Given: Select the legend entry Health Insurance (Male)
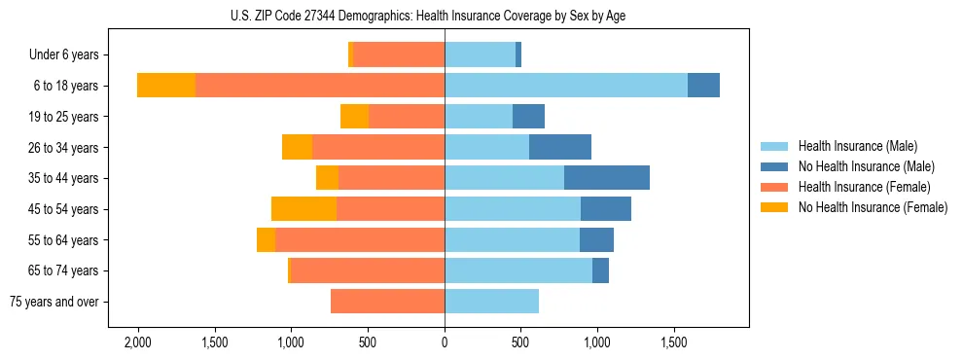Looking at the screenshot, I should coord(857,146).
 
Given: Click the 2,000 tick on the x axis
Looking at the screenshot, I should coord(137,342).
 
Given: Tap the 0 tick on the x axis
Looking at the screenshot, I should coord(445,342).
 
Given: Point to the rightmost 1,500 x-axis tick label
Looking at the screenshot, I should coord(674,342).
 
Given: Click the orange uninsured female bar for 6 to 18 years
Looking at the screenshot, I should coord(166,86).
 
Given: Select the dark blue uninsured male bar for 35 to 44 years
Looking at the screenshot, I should coord(607,178).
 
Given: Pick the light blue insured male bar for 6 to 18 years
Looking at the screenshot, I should coord(566,86).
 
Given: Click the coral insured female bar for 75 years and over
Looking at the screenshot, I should coord(387,302).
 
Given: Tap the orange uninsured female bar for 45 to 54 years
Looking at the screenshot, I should coord(303,209).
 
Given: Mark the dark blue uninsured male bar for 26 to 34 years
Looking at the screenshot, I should coord(560,147).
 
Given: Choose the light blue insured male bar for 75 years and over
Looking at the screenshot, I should coord(491,302).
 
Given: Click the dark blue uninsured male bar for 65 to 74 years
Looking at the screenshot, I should coord(600,270).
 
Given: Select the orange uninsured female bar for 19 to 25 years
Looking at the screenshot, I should coord(354,117).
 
